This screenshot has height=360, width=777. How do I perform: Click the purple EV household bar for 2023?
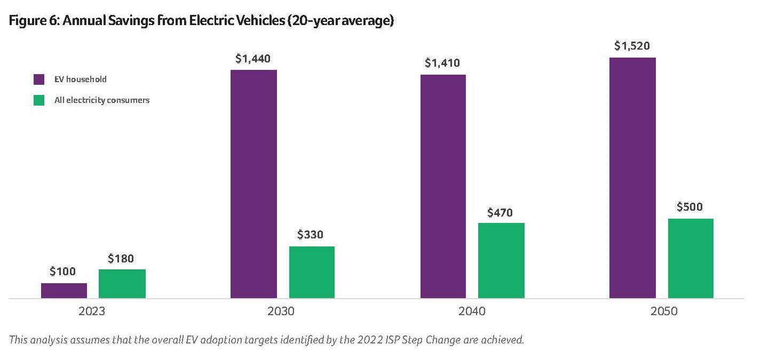click(64, 291)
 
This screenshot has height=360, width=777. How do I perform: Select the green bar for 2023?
click(122, 284)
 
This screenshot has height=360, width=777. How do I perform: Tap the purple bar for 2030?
click(253, 184)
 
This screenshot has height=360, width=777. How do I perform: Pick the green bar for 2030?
click(312, 272)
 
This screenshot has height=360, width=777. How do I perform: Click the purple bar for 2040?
click(443, 186)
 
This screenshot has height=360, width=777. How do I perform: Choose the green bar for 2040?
click(501, 260)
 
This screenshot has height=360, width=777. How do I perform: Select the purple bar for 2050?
click(632, 178)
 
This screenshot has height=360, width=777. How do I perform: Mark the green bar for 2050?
click(691, 258)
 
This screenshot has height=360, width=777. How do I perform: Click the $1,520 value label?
click(632, 46)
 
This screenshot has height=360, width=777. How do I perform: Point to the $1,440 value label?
click(253, 59)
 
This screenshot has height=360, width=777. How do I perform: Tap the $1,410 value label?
click(442, 63)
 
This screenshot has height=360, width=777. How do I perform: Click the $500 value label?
click(689, 207)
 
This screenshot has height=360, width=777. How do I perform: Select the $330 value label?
click(311, 235)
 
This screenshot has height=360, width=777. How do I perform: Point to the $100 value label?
click(63, 271)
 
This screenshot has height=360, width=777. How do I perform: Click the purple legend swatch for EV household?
click(39, 79)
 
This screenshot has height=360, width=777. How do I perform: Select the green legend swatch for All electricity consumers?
click(39, 100)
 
